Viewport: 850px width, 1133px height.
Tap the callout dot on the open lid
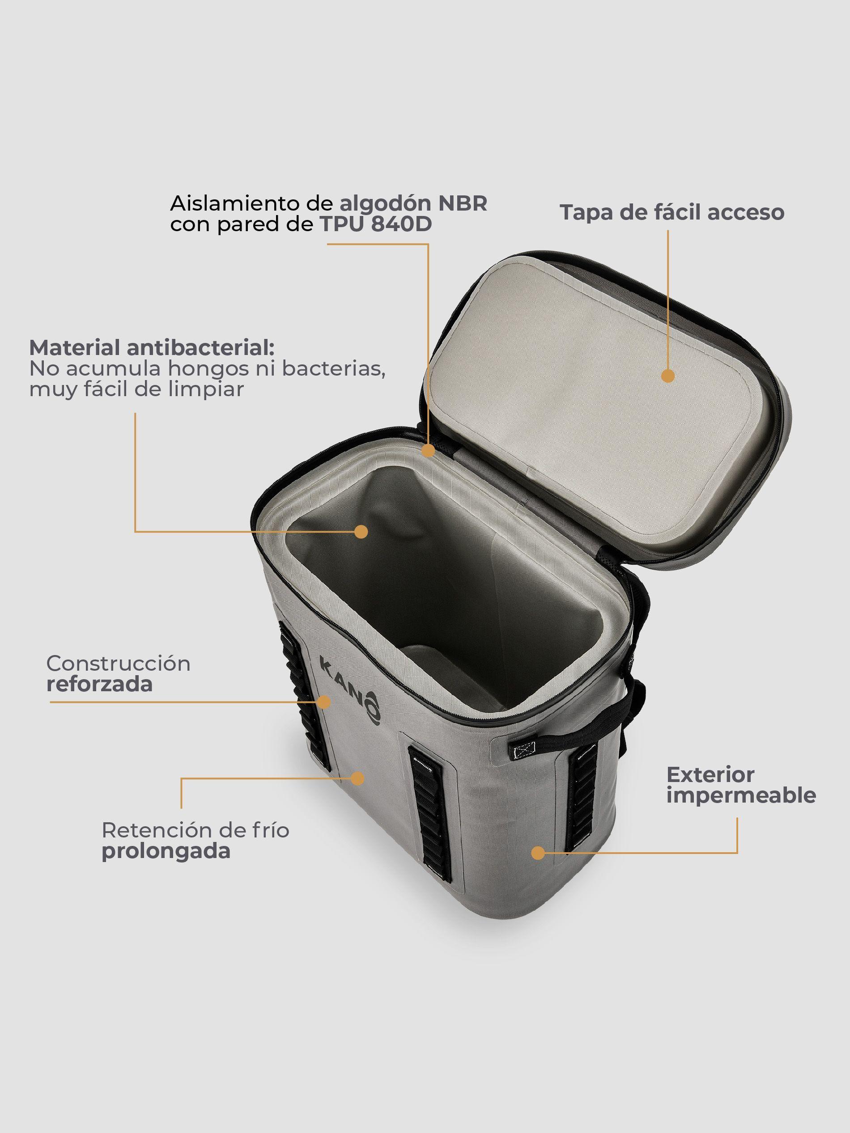point(667,376)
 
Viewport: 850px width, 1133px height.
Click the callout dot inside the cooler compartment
point(362,531)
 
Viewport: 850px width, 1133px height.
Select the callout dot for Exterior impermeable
point(537,853)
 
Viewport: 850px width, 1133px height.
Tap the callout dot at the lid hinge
point(428,451)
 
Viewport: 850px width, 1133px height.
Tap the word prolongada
point(166,851)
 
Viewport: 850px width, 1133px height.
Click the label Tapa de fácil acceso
point(671,212)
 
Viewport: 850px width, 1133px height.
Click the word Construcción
point(119,664)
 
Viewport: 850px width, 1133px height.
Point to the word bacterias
point(334,369)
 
